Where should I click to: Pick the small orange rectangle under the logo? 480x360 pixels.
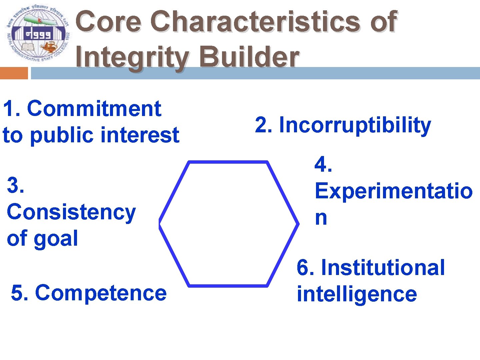[14, 73]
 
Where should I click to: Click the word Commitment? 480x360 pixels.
[94, 109]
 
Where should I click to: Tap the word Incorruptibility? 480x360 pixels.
[355, 125]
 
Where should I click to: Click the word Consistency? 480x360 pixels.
[71, 212]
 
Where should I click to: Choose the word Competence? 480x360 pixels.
[101, 293]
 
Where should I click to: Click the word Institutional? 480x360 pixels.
[383, 267]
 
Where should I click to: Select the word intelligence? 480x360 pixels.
[357, 294]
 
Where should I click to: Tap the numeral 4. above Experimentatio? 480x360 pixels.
[323, 164]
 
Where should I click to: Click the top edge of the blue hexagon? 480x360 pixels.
[228, 162]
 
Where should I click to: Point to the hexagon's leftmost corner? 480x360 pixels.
[160, 223]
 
